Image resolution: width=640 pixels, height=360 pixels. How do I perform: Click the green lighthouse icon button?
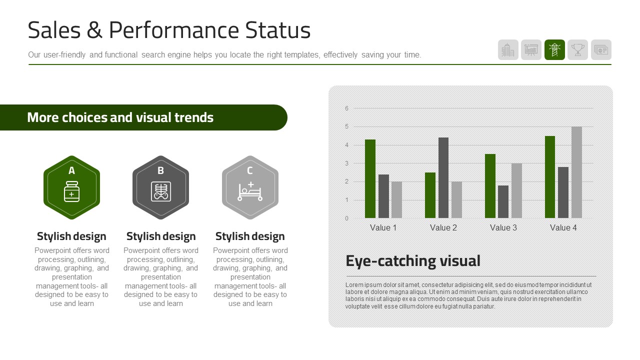coord(554,49)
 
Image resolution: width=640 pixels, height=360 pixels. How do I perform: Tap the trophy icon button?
coord(577,49)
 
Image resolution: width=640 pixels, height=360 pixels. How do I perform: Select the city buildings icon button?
coord(508,49)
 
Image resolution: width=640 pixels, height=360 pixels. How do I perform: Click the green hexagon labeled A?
coord(71,187)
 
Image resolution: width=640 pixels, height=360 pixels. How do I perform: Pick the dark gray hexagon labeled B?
coord(160,187)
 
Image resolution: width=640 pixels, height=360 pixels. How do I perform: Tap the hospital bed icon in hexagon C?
coord(250,191)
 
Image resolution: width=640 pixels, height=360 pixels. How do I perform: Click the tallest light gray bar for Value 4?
coord(576,172)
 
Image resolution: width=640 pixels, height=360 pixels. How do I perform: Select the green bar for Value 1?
coord(370,179)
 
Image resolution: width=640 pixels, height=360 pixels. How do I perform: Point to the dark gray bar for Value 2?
coord(443,177)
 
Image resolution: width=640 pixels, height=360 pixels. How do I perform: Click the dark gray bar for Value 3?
coord(503,201)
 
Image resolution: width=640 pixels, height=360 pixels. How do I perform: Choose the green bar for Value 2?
coord(430,195)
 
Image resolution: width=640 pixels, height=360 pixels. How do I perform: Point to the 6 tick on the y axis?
coord(346,108)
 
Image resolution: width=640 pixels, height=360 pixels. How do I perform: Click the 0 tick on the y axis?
coord(346,218)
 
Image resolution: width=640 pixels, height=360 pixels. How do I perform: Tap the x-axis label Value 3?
coord(503,227)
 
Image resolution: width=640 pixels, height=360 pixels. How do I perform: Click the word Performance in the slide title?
coord(173,31)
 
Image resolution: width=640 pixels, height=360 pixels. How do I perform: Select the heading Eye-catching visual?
coord(413,261)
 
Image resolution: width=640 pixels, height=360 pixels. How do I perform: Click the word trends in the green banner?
coord(194,117)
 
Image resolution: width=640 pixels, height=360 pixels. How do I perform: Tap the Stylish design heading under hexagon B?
coord(161,236)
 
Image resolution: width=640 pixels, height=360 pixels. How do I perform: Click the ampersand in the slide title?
coord(94,30)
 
